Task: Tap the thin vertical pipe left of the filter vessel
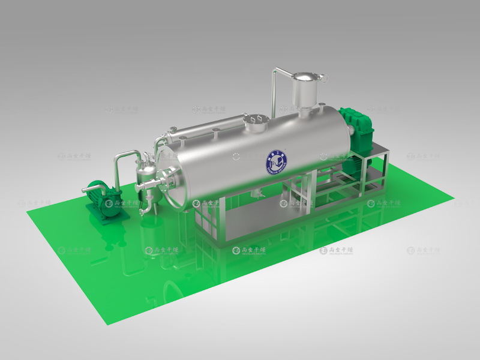(x=274, y=93)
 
